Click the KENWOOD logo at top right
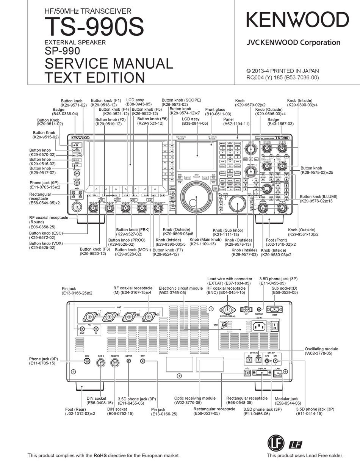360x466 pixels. (297, 20)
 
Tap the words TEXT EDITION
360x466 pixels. (95, 77)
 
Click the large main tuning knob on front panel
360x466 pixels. (197, 198)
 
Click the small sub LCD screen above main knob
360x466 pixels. (197, 155)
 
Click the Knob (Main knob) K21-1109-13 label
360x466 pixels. (205, 242)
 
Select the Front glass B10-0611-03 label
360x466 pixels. (218, 111)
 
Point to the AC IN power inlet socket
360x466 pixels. (258, 326)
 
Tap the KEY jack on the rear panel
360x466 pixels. (87, 361)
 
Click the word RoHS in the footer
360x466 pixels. (100, 455)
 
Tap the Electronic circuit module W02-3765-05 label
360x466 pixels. (181, 290)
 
